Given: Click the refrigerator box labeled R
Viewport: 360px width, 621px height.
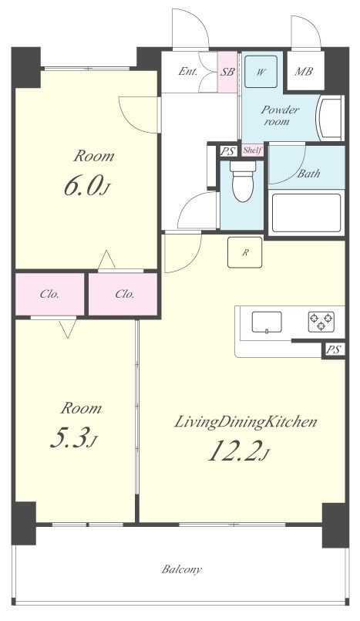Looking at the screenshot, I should coord(244,251).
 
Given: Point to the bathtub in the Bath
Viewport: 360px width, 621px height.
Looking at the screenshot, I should coord(306,214).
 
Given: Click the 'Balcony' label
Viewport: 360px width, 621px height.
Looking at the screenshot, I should coord(182,569).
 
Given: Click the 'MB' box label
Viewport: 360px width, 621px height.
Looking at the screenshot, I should coord(304,73).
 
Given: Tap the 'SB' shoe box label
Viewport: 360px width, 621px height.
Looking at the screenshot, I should coord(227,73).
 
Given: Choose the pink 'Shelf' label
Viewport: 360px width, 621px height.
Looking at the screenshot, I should coord(251,150).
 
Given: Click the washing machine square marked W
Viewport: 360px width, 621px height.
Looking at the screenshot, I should coord(262,73).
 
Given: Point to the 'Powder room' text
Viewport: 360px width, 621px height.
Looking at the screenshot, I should coord(280,116).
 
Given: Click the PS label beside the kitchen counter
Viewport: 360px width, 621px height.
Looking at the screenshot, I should coord(332,349).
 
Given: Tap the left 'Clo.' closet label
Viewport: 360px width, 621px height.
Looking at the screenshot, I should coord(50,294).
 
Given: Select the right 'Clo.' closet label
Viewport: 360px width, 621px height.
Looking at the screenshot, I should coord(125,294).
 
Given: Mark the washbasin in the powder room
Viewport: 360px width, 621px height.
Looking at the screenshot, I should coord(329,120).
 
